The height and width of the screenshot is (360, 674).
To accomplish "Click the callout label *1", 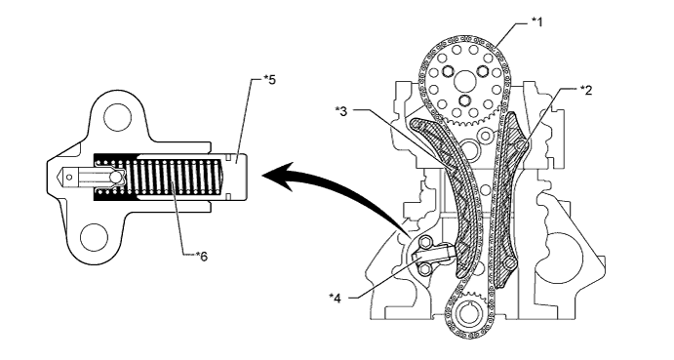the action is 536,21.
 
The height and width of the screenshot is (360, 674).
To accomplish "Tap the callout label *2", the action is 585,90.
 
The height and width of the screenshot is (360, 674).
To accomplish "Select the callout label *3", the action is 342,110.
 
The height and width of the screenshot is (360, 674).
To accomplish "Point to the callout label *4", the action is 336,298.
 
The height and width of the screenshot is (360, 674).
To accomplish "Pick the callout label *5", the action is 269,80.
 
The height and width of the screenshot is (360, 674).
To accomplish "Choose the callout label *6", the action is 201,256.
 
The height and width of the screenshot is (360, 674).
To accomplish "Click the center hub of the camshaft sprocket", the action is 466,81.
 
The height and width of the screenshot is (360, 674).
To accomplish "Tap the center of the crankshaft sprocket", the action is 467,316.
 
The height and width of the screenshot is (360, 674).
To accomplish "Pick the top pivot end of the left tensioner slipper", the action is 417,124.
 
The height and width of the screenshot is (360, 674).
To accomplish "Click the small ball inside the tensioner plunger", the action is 116,178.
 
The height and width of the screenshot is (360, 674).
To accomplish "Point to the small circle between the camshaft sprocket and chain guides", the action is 486,136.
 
